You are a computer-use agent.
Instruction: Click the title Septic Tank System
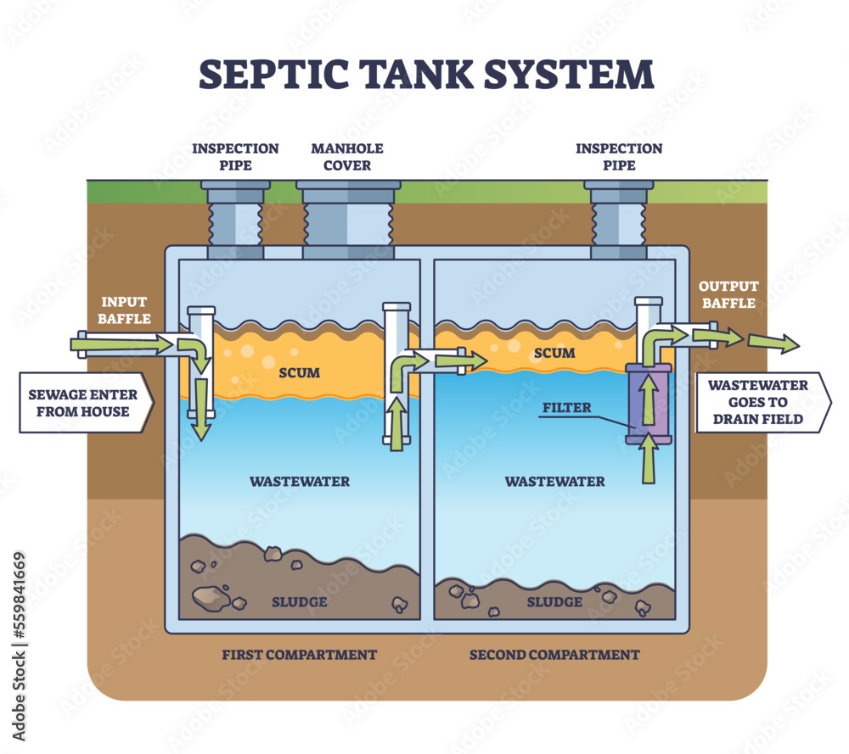tap(425, 74)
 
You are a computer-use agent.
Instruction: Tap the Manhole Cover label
tap(346, 156)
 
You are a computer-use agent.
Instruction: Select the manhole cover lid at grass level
tap(349, 184)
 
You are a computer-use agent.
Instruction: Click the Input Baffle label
tap(124, 310)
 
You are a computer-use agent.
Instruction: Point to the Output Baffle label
tap(728, 294)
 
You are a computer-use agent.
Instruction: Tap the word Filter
tap(567, 408)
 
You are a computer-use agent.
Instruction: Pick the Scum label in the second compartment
tap(555, 353)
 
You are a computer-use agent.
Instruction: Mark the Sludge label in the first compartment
tap(299, 601)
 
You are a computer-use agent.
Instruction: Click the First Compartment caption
tap(299, 655)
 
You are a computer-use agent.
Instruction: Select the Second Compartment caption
tap(554, 655)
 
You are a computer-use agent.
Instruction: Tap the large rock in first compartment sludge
tap(210, 598)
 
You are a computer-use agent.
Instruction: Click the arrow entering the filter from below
tap(648, 458)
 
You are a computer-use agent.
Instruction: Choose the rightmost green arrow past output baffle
tap(773, 342)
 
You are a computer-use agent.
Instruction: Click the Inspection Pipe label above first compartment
tap(235, 156)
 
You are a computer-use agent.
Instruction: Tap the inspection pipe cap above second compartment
tap(618, 184)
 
